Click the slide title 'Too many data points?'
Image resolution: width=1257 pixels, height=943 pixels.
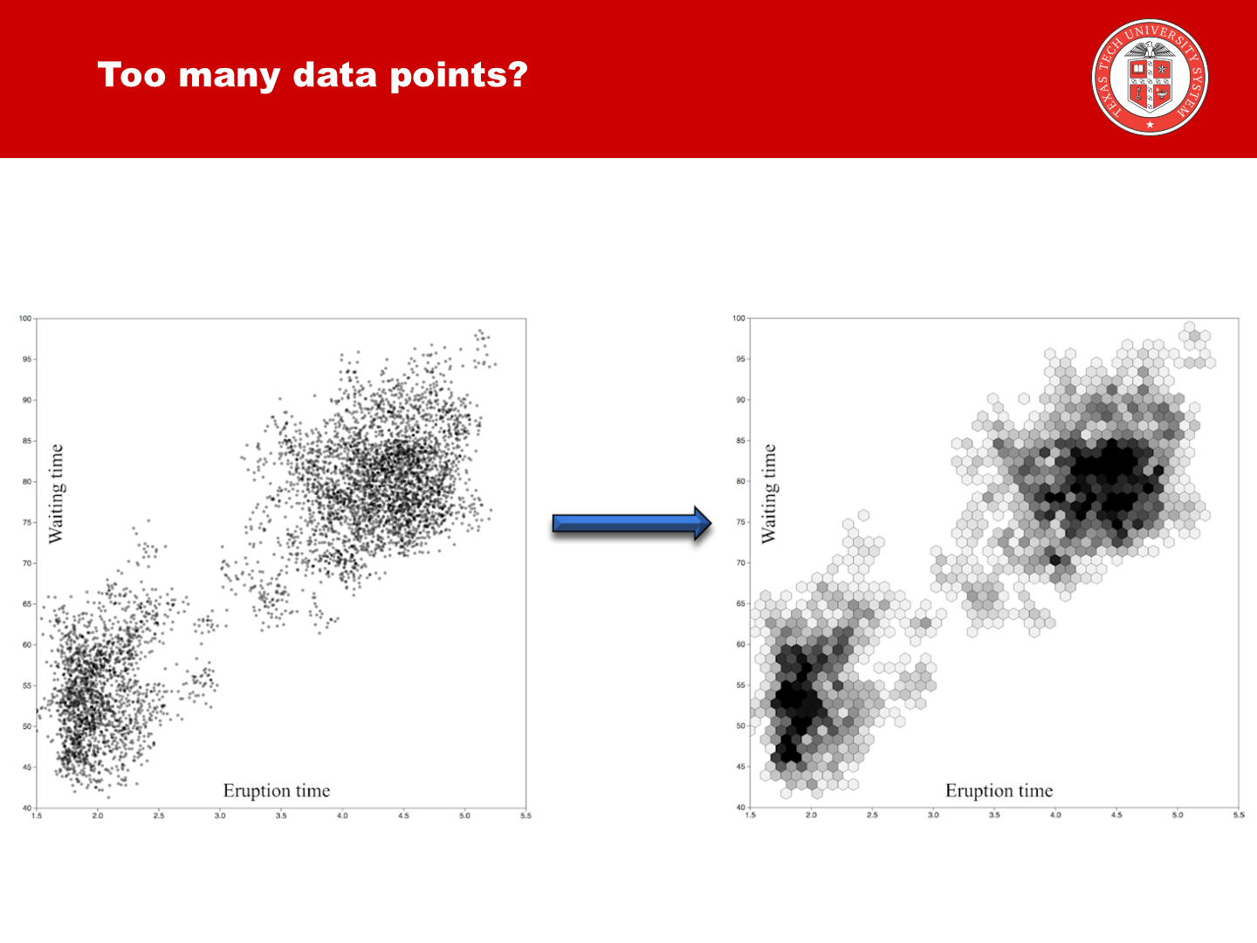coord(313,75)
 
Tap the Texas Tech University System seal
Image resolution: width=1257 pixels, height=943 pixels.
coord(1150,78)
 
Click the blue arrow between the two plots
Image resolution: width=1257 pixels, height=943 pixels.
coord(632,523)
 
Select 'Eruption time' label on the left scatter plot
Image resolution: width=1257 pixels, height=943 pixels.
coord(277,790)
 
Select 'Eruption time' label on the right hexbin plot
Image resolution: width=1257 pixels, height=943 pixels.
coord(999,790)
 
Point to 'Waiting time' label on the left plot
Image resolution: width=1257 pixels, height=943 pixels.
coord(57,493)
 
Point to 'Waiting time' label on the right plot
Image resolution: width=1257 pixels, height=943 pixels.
coord(769,493)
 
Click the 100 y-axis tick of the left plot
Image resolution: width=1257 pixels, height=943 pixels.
coord(25,319)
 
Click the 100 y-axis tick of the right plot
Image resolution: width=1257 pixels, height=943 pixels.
coord(738,319)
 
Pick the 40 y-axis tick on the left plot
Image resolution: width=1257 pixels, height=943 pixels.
coord(27,808)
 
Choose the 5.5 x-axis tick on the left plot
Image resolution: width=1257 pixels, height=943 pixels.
coord(525,816)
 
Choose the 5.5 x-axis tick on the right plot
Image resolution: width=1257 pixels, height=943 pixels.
coord(1239,815)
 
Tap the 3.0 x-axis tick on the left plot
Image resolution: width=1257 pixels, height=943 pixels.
coord(220,816)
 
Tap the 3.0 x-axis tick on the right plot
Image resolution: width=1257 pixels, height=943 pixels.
coord(933,815)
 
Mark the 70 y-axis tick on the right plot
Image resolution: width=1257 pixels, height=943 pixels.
coord(740,562)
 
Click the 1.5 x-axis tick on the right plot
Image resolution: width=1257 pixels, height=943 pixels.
coord(751,815)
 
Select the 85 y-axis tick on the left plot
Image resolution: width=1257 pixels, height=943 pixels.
coord(27,441)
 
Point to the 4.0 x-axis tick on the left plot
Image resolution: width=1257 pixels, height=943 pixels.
coord(342,816)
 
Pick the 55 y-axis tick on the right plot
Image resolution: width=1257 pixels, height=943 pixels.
coord(740,685)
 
